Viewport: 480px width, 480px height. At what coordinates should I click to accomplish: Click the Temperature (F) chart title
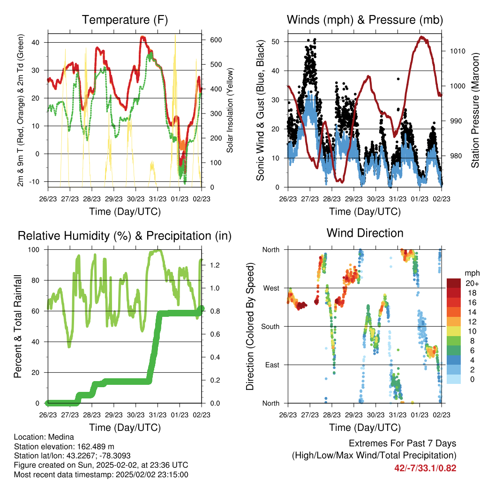pyautogui.click(x=125, y=20)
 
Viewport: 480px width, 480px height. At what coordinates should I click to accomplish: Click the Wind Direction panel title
pyautogui.click(x=365, y=233)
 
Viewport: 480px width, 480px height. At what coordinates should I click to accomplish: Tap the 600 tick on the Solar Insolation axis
pyautogui.click(x=216, y=40)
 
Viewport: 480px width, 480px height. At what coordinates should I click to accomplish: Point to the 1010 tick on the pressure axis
pyautogui.click(x=457, y=51)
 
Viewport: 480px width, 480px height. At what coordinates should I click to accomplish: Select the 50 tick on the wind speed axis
pyautogui.click(x=275, y=42)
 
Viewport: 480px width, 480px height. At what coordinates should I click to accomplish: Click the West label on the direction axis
pyautogui.click(x=271, y=288)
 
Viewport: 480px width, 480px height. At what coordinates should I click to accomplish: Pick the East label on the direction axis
pyautogui.click(x=272, y=365)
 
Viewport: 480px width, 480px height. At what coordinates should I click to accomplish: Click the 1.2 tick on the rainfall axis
pyautogui.click(x=215, y=265)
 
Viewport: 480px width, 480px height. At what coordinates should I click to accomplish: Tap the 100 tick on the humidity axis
pyautogui.click(x=34, y=250)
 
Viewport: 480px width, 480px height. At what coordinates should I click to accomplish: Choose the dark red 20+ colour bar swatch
pyautogui.click(x=454, y=283)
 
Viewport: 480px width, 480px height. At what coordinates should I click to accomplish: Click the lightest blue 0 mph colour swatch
pyautogui.click(x=454, y=379)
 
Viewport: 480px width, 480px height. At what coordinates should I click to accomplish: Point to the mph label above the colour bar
pyautogui.click(x=472, y=273)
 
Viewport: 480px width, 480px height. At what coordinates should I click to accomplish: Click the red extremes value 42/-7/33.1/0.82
pyautogui.click(x=425, y=468)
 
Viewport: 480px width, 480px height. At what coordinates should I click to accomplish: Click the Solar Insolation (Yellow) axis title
pyautogui.click(x=230, y=110)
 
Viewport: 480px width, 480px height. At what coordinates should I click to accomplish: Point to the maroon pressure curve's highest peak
pyautogui.click(x=422, y=37)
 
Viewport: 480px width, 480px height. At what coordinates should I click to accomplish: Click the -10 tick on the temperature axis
pyautogui.click(x=34, y=181)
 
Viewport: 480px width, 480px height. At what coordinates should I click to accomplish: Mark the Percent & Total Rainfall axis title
pyautogui.click(x=18, y=326)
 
